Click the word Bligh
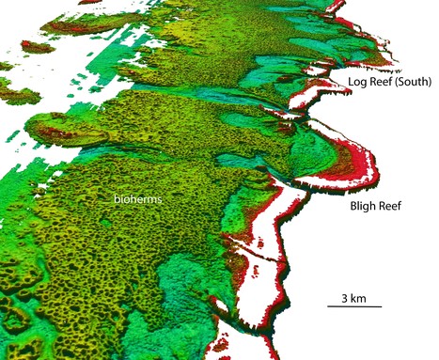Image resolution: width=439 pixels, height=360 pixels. click(x=365, y=204)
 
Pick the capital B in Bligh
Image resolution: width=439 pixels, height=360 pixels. click(x=353, y=204)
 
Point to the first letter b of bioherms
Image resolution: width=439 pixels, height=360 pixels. click(x=116, y=200)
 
